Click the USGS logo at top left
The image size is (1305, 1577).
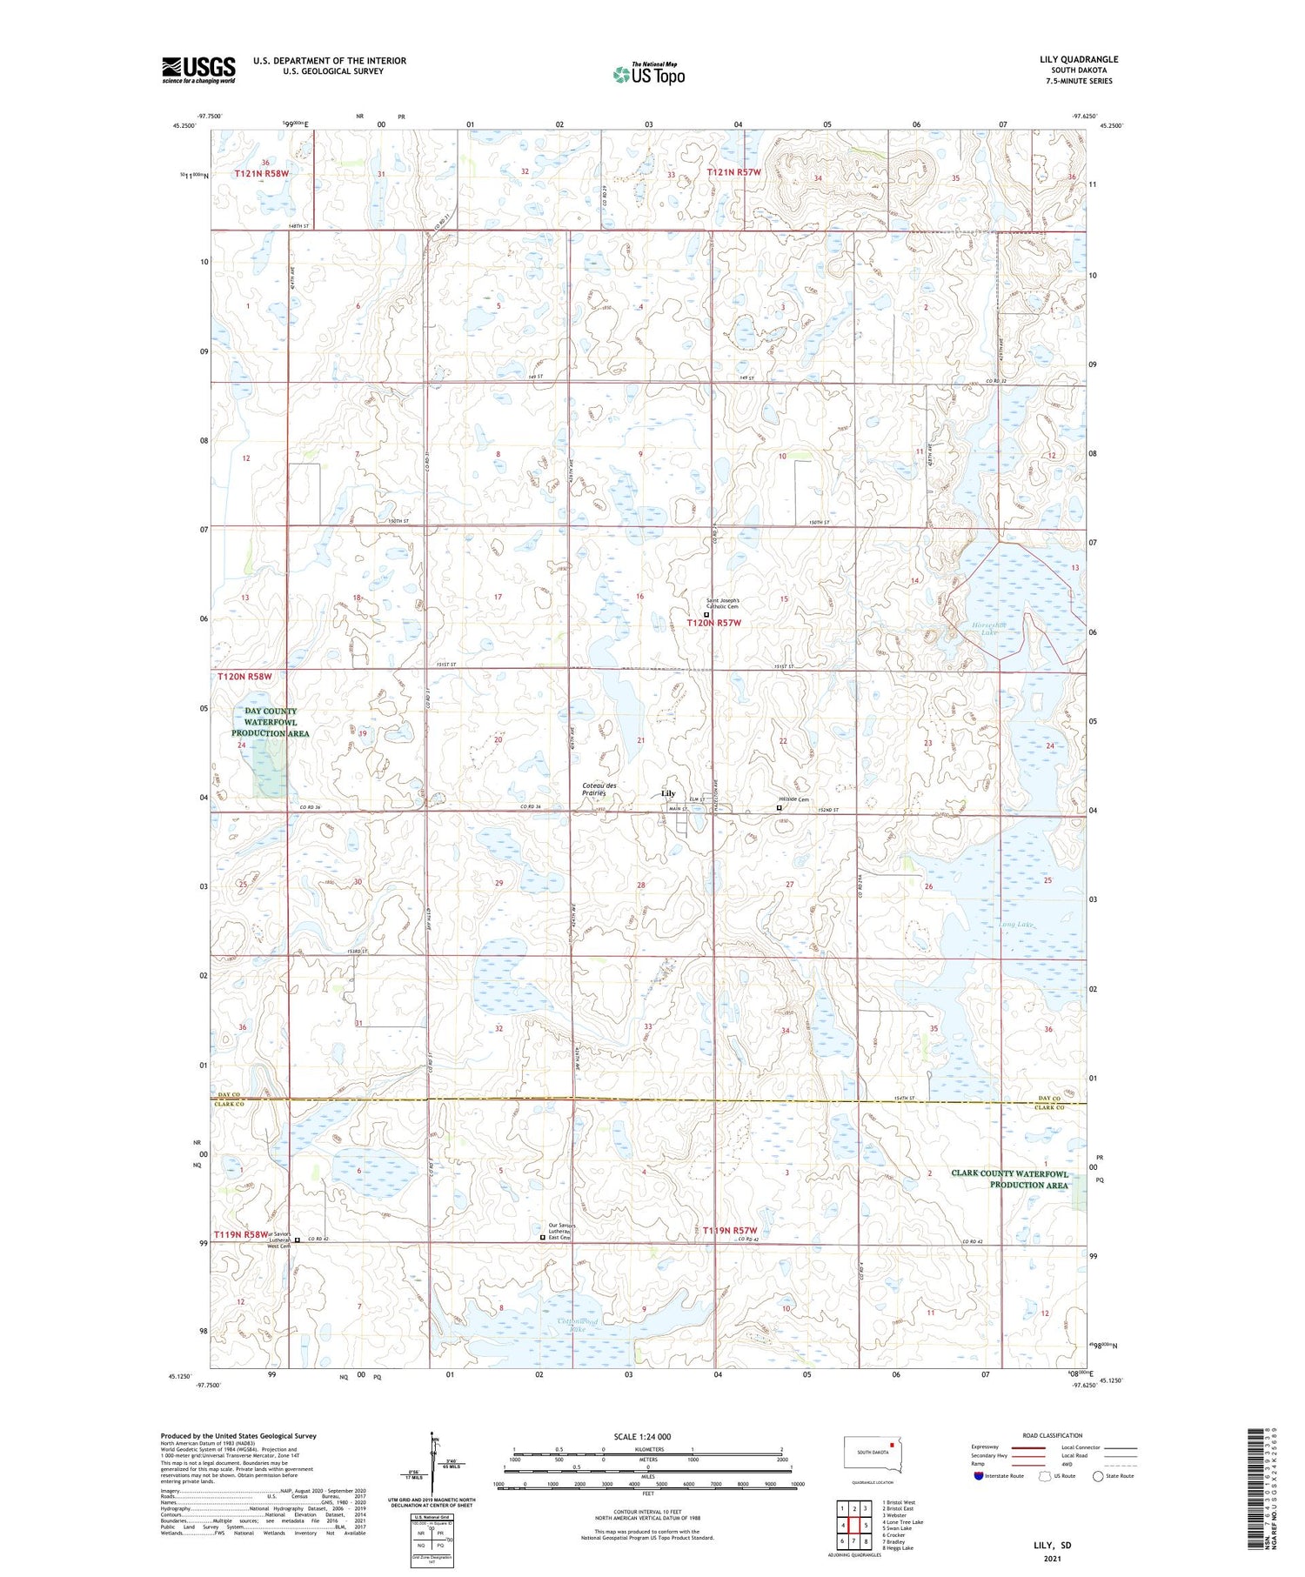pyautogui.click(x=198, y=70)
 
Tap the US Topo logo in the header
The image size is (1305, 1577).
pyautogui.click(x=648, y=75)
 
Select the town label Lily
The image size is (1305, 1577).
pyautogui.click(x=668, y=793)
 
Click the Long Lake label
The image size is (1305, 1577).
pyautogui.click(x=1014, y=925)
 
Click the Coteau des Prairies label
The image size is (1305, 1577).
pyautogui.click(x=599, y=789)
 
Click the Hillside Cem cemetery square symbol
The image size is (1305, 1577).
pyautogui.click(x=779, y=808)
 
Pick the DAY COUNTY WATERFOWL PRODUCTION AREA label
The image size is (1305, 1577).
pyautogui.click(x=271, y=722)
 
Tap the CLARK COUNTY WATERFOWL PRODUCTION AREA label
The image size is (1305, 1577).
pyautogui.click(x=1009, y=1179)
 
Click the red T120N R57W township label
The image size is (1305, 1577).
pyautogui.click(x=713, y=623)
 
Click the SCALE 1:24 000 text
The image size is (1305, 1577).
pyautogui.click(x=642, y=1436)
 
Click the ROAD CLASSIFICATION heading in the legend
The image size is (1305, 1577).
pyautogui.click(x=1053, y=1435)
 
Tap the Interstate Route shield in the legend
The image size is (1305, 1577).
pyautogui.click(x=979, y=1476)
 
